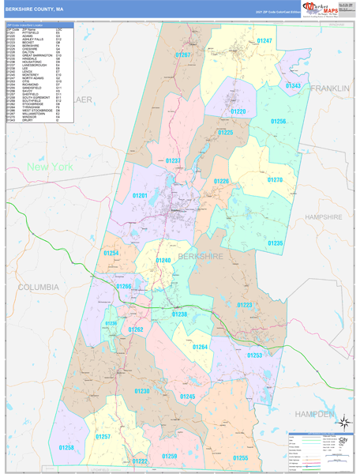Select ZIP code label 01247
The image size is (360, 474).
click(x=264, y=40)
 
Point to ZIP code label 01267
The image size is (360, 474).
click(x=183, y=55)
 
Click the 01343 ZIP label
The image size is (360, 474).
click(x=293, y=85)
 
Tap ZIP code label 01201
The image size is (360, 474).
click(x=141, y=195)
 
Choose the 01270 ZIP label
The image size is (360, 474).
click(x=274, y=179)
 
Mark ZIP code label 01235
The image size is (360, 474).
click(x=275, y=243)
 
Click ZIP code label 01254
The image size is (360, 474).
click(x=111, y=253)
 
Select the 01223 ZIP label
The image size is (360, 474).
click(x=245, y=304)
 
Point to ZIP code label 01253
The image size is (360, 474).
click(x=255, y=355)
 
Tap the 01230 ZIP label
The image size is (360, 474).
click(x=142, y=390)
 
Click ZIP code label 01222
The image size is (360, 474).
click(x=140, y=461)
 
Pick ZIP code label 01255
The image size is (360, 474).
click(x=240, y=457)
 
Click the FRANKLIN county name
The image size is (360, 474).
click(x=329, y=88)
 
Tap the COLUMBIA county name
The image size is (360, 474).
click(x=38, y=286)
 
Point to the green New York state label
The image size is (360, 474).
click(x=50, y=167)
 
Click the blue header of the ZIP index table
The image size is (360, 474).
click(x=39, y=25)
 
